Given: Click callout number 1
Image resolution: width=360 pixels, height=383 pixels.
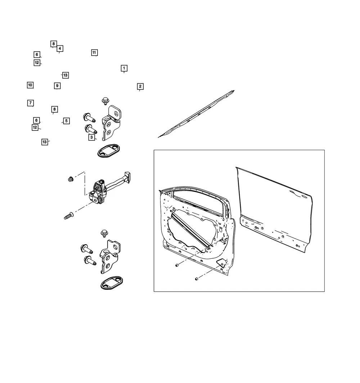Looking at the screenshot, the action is [124, 68].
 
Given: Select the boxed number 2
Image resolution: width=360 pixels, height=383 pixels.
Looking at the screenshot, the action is [140, 86].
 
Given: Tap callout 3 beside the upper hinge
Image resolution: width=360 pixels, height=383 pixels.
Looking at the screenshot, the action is [91, 137].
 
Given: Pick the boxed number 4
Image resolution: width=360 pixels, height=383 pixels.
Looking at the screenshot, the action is [60, 49].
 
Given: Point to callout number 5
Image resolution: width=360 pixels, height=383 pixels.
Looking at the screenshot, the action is [66, 121].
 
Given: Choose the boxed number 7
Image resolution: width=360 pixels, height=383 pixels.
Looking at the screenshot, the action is [31, 103].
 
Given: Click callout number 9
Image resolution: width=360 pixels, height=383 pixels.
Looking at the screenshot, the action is [57, 86].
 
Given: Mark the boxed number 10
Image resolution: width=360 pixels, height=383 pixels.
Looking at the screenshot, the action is [30, 85].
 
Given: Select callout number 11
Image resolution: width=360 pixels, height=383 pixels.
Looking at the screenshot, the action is [94, 53].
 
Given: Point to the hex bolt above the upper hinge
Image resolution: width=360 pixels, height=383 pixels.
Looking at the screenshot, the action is [105, 101].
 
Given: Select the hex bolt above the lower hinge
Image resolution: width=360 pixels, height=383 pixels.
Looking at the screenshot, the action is [104, 233].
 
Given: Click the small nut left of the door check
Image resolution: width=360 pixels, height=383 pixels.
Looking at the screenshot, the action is [71, 179].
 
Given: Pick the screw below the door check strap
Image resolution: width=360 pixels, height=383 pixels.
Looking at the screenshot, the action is [69, 216].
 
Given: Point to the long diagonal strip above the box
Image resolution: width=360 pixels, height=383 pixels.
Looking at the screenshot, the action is [196, 114].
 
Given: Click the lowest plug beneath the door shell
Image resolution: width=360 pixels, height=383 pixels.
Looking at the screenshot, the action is [197, 279].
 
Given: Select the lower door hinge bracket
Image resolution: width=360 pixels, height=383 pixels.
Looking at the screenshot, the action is [110, 257].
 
